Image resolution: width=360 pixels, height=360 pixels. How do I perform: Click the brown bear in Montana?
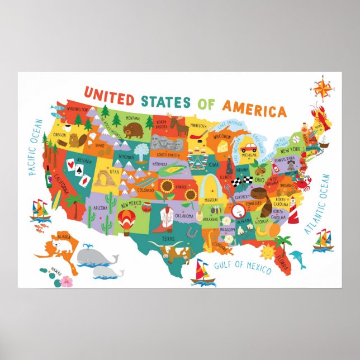point(134,130)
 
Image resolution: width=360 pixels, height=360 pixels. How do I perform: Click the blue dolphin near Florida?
point(298,259)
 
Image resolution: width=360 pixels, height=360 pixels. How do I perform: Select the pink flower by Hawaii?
point(67,281)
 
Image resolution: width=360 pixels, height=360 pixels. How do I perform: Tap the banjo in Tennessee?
point(238,209)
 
